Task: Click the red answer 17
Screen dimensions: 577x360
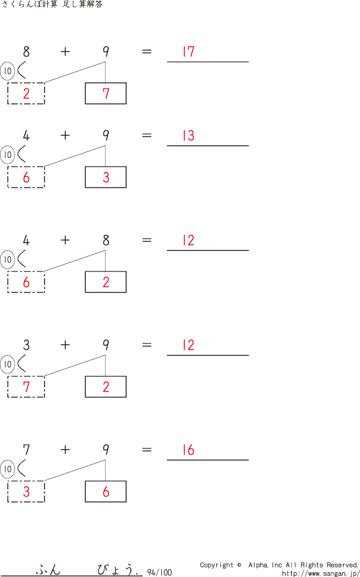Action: (188, 52)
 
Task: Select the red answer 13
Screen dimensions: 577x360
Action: (188, 136)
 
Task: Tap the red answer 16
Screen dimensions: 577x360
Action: (188, 450)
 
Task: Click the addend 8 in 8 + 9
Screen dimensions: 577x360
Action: (26, 52)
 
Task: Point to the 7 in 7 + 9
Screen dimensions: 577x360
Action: (26, 450)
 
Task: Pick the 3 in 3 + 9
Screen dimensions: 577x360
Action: (26, 345)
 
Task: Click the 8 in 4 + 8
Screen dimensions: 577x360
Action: (106, 240)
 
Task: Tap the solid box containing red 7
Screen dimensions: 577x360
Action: (106, 93)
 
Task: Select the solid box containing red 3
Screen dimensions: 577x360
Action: (106, 177)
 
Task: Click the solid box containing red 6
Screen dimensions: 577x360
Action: (106, 491)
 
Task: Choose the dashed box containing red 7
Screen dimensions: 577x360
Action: (26, 387)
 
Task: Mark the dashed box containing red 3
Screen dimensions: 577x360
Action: (26, 491)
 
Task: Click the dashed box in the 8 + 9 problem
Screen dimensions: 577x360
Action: (26, 93)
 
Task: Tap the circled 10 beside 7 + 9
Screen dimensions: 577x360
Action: (7, 469)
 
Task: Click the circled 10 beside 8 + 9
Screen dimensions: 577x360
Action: (7, 71)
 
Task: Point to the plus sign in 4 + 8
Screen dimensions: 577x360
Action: (65, 240)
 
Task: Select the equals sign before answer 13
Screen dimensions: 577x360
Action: (146, 136)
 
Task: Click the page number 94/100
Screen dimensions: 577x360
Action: (159, 572)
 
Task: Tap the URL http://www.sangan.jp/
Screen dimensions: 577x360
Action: (320, 573)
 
